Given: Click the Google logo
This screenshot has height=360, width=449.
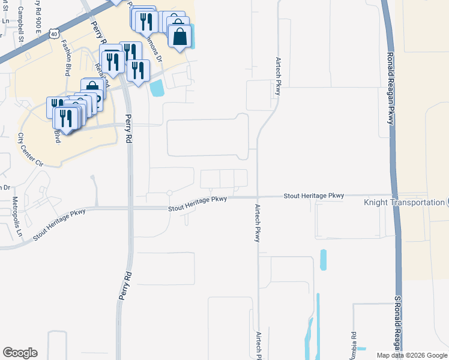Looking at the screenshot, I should pos(20,352).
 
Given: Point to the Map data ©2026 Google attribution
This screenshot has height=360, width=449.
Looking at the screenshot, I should pos(411,355).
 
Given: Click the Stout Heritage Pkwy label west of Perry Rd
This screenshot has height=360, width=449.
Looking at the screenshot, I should pos(61,224).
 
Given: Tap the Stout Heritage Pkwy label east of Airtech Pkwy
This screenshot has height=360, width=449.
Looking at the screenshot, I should pos(314,196).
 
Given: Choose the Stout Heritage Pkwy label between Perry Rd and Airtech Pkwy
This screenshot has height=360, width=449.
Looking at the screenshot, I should pos(198,204).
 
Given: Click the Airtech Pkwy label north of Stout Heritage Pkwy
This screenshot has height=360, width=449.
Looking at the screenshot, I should pos(278,76).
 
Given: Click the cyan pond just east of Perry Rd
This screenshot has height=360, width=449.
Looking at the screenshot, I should pos(157,89).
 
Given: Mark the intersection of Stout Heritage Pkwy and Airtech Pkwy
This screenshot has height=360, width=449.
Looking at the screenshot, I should pos(258,196).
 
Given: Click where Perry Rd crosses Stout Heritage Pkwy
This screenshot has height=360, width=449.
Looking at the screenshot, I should pos(128,208).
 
